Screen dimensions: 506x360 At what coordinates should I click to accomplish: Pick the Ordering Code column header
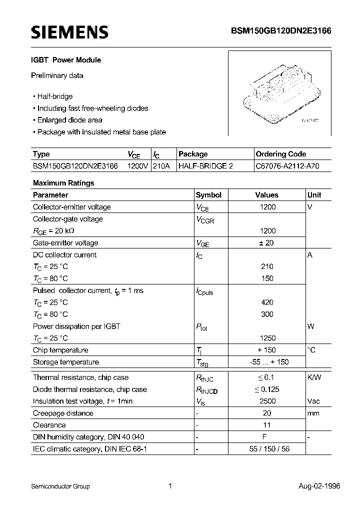point(281,154)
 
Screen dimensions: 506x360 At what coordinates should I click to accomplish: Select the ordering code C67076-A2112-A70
point(286,166)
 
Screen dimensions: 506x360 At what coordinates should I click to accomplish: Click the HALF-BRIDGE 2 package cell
point(206,166)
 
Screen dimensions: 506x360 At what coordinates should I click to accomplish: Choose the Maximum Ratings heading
point(63,183)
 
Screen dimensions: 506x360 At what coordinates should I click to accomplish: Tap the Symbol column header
point(208,195)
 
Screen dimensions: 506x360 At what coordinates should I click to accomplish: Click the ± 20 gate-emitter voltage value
point(267,243)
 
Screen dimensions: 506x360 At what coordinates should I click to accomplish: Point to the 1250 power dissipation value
point(267,338)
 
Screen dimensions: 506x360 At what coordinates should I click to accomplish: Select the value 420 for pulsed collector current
point(267,302)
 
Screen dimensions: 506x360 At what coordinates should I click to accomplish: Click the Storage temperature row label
point(66,362)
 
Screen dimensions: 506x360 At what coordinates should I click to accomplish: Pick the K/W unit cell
point(314,377)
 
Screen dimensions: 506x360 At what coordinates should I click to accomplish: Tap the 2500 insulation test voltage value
point(267,401)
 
